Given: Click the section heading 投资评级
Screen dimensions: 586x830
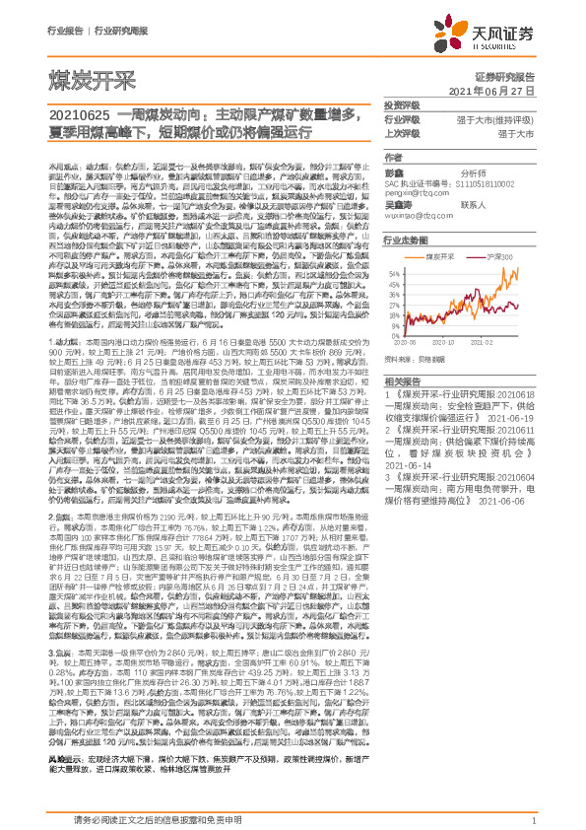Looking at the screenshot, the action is pos(401,104).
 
